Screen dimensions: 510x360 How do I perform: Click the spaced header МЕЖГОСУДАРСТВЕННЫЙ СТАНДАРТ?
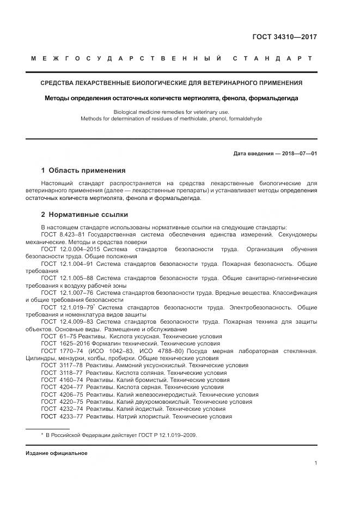click(171, 58)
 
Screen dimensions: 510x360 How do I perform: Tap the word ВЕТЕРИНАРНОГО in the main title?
click(233, 83)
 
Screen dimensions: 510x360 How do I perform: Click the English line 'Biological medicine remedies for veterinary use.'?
click(172, 111)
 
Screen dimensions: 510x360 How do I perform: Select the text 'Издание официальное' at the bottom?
click(57, 453)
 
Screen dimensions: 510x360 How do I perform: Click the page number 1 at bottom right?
click(315, 463)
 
